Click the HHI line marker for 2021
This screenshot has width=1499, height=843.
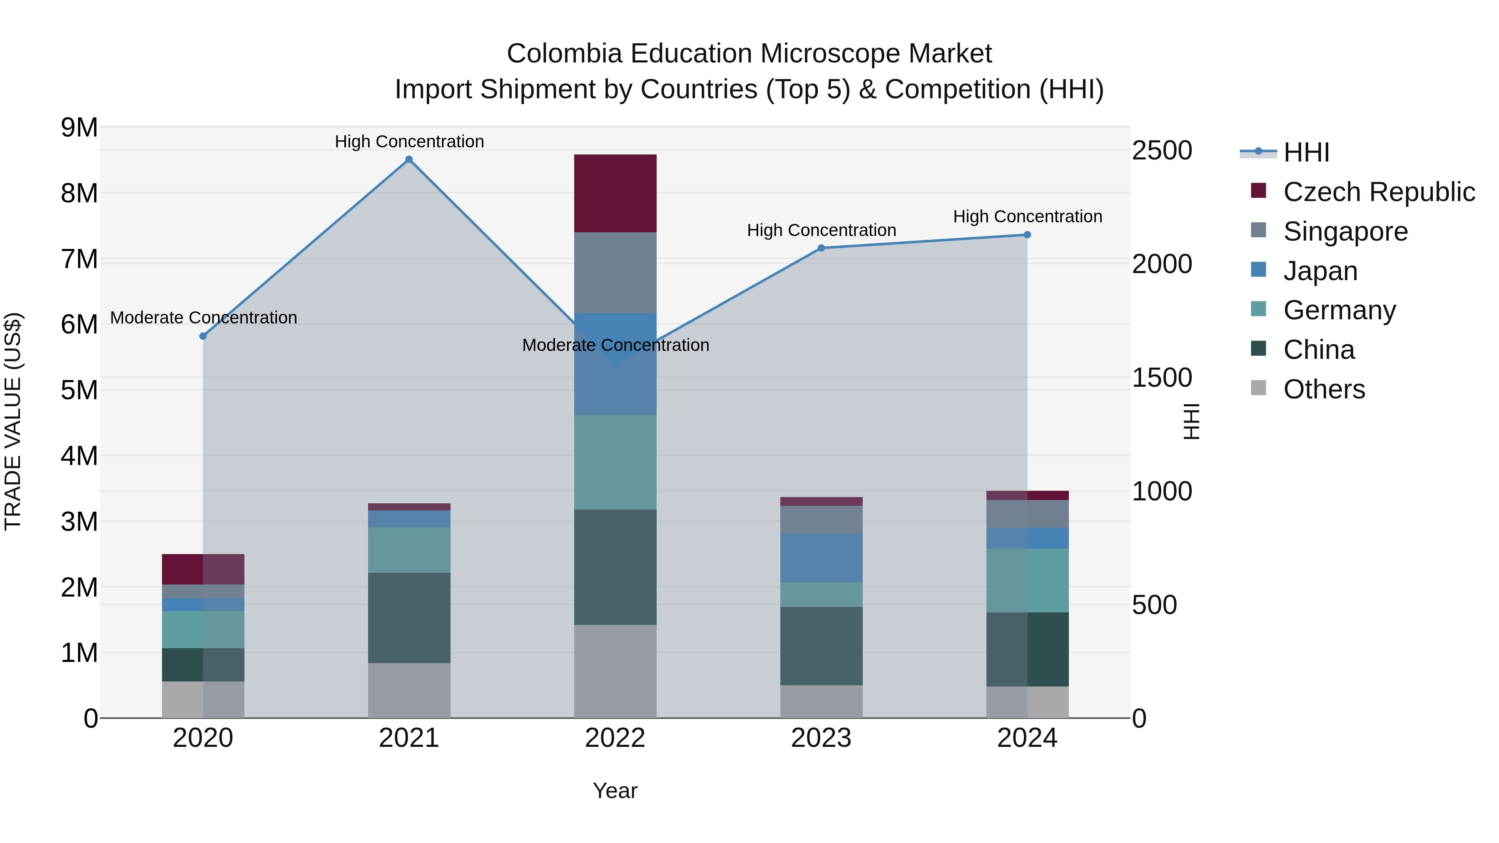pyautogui.click(x=409, y=159)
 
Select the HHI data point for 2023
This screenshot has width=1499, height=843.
pyautogui.click(x=821, y=248)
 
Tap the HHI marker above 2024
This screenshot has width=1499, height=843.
pyautogui.click(x=1027, y=235)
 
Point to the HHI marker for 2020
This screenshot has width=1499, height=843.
pyautogui.click(x=203, y=336)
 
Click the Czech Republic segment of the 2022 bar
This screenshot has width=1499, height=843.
pyautogui.click(x=615, y=193)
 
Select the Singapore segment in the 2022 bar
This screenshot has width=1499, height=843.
pyautogui.click(x=615, y=272)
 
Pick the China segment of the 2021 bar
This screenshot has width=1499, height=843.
pyautogui.click(x=409, y=618)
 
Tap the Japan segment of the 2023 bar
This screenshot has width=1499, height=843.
pyautogui.click(x=821, y=558)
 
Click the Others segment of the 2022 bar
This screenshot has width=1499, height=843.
pyautogui.click(x=615, y=671)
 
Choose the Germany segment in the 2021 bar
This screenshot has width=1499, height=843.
pyautogui.click(x=409, y=550)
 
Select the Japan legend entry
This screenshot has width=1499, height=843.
pyautogui.click(x=1320, y=271)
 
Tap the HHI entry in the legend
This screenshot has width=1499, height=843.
pyautogui.click(x=1306, y=152)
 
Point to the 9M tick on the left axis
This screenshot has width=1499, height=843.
pyautogui.click(x=80, y=127)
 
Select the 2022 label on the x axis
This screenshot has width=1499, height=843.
pyautogui.click(x=615, y=738)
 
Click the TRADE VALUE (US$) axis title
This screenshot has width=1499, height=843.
pyautogui.click(x=13, y=421)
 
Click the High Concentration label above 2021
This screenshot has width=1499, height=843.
pyautogui.click(x=409, y=142)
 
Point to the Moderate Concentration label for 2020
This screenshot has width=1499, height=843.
pyautogui.click(x=203, y=318)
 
